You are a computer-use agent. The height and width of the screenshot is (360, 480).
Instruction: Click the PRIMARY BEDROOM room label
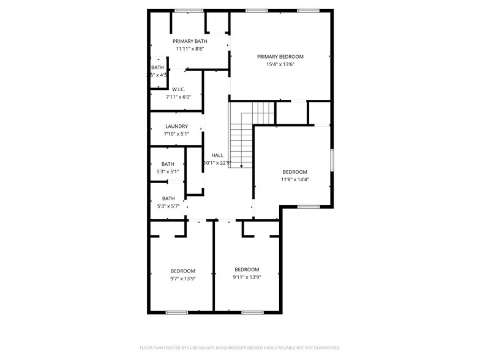tap(280, 56)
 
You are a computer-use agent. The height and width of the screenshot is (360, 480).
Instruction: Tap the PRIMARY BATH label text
tap(190, 41)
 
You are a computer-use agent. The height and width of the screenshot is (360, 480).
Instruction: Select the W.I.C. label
tap(179, 89)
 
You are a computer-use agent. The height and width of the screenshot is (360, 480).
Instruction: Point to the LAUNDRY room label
tap(176, 126)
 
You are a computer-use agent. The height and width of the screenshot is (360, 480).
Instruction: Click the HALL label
tap(217, 155)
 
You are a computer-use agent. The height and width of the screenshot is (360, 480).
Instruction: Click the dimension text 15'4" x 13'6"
tap(280, 64)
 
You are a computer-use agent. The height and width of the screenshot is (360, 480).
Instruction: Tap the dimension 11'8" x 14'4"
tap(294, 179)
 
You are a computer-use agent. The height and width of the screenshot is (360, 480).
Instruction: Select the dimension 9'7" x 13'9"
tap(182, 279)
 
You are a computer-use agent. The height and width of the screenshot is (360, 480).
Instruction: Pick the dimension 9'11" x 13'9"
tap(247, 277)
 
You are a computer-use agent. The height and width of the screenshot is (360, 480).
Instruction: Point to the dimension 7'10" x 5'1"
tap(176, 134)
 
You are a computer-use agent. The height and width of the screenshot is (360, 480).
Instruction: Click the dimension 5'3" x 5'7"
tap(168, 206)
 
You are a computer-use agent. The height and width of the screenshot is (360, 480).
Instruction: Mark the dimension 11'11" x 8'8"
tap(190, 49)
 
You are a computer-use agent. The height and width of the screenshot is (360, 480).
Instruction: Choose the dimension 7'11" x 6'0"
tap(179, 97)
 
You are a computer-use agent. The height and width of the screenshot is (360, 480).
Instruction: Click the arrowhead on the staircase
tap(242, 165)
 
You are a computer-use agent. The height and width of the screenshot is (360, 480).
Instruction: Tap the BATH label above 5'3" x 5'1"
tap(168, 164)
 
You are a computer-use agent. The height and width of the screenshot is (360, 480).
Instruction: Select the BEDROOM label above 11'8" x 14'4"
tap(294, 172)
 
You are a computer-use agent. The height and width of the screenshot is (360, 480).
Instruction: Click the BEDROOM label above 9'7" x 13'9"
tap(182, 271)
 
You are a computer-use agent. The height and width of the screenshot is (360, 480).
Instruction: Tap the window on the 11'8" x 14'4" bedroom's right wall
tap(332, 160)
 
